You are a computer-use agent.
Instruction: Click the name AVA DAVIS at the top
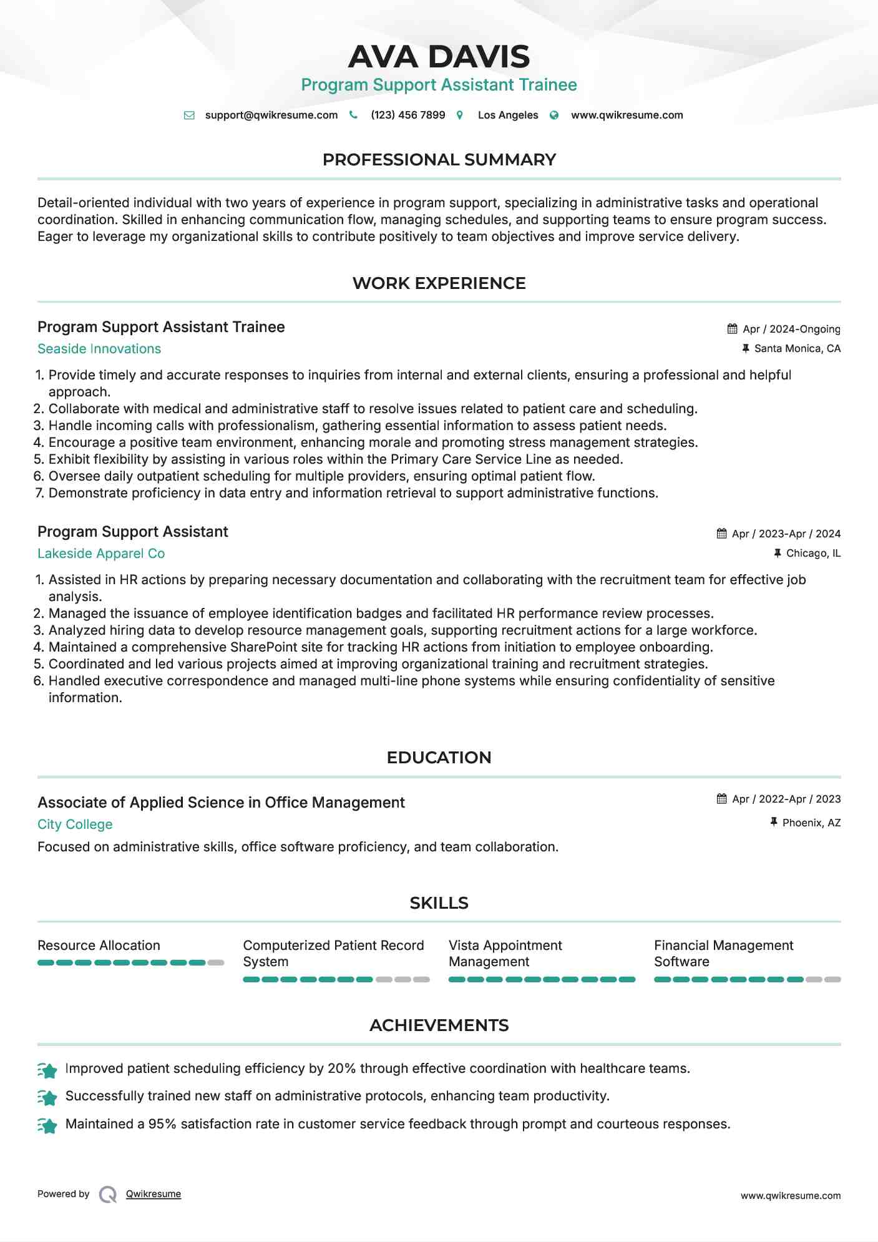coord(439,57)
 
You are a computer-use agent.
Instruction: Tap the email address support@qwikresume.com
coord(271,115)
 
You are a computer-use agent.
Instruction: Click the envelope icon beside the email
coord(189,115)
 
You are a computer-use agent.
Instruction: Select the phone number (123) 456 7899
coord(407,115)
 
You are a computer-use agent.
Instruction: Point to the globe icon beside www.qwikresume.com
coord(554,115)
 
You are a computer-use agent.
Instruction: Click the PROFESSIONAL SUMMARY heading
coord(439,160)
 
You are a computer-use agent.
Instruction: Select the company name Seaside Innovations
coord(99,349)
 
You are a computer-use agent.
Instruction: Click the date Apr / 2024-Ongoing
coord(791,329)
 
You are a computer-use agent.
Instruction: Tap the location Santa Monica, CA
coord(797,348)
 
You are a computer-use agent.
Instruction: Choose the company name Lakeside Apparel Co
coord(101,554)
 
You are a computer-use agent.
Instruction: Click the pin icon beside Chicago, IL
coord(778,553)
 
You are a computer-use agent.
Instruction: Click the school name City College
coord(75,824)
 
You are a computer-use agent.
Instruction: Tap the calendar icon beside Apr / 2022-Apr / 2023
coord(722,799)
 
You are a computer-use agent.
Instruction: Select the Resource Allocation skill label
coord(99,946)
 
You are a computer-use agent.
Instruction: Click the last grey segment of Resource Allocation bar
coord(216,963)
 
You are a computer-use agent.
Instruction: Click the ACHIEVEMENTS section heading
coord(439,1025)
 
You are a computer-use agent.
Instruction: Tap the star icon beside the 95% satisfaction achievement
coord(47,1125)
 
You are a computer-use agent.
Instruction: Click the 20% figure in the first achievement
coord(341,1068)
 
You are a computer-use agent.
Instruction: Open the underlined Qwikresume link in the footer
coord(154,1194)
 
